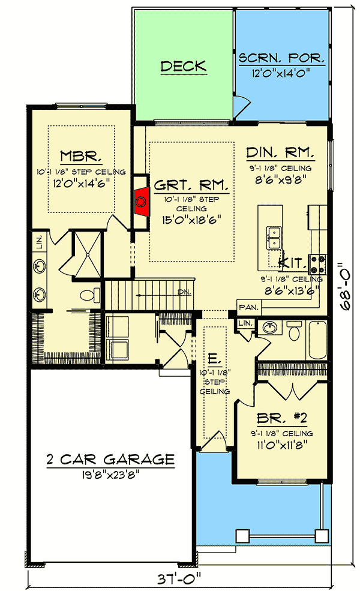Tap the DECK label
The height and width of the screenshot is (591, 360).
(x=183, y=66)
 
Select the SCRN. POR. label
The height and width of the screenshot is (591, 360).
(x=282, y=58)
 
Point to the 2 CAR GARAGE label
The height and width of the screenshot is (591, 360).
(x=110, y=460)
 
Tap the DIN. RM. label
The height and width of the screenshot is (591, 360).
(x=286, y=151)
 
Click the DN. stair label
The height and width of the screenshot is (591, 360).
(x=183, y=292)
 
